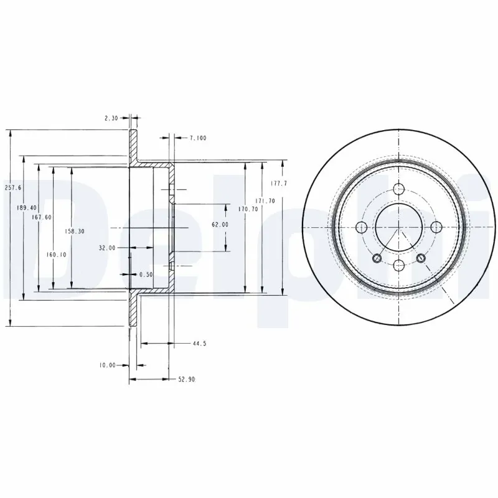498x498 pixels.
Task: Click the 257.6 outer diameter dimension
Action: pyautogui.click(x=13, y=187)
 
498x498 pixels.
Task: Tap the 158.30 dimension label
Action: pyautogui.click(x=75, y=230)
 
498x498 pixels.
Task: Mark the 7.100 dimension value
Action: pyautogui.click(x=197, y=138)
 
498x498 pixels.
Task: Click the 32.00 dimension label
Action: pyautogui.click(x=108, y=247)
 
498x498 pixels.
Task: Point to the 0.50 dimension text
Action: pyautogui.click(x=146, y=274)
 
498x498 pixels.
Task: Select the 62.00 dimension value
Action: pyautogui.click(x=220, y=224)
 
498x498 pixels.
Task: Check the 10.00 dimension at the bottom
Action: pyautogui.click(x=107, y=365)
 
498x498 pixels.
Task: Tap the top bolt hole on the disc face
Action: pyautogui.click(x=398, y=190)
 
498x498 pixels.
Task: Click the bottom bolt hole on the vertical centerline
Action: pyautogui.click(x=398, y=266)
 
